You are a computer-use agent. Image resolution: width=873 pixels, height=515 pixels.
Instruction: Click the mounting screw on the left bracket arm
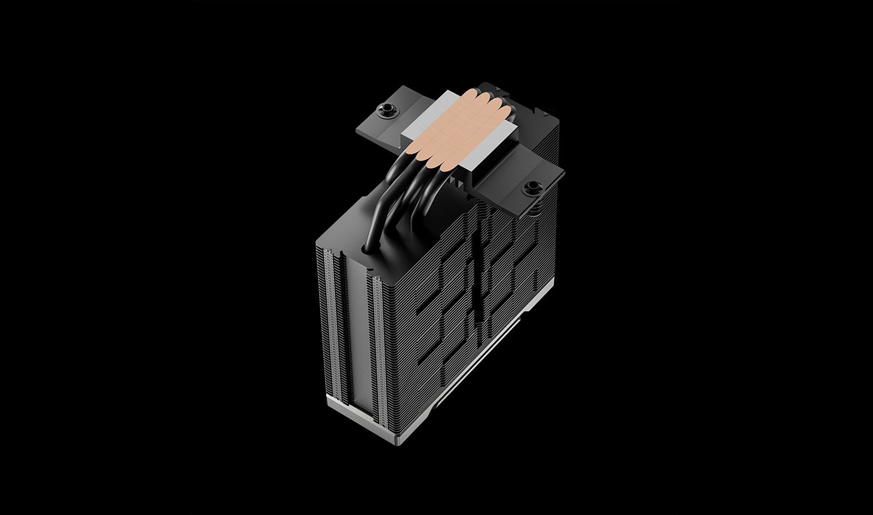tap(384, 111)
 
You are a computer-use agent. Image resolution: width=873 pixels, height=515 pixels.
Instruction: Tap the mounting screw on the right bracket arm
tap(533, 187)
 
